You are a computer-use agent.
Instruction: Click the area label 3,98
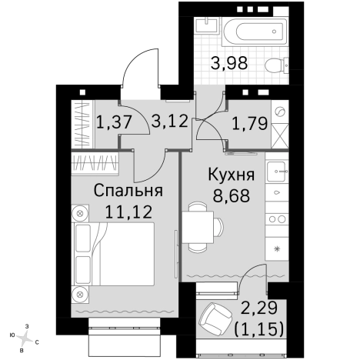(230, 65)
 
